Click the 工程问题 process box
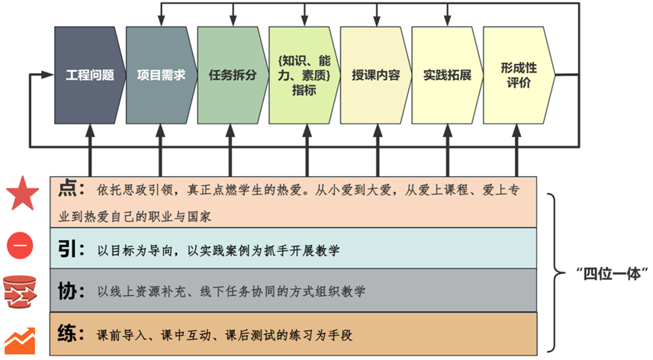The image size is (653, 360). (x=90, y=76)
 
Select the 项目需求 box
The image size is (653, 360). (x=162, y=76)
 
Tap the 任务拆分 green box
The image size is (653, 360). (x=233, y=76)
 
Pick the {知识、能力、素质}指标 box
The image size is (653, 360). (x=304, y=76)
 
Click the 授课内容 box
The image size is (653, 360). (x=375, y=76)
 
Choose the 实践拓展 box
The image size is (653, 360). (x=447, y=76)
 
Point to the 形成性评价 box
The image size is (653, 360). (x=519, y=76)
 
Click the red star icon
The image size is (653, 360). (x=22, y=193)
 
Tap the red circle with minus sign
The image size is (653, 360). (x=20, y=245)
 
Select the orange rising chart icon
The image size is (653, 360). (x=20, y=341)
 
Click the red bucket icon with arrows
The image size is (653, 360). (x=20, y=292)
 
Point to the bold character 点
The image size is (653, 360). (x=67, y=188)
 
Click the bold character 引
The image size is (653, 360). (x=67, y=249)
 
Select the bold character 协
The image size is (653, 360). (x=67, y=291)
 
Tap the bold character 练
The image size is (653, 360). (x=67, y=333)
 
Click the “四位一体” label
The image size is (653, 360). (x=612, y=274)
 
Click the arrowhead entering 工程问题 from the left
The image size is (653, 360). (x=47, y=75)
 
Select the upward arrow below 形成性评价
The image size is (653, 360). (x=516, y=150)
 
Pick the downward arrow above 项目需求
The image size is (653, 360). (x=162, y=15)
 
